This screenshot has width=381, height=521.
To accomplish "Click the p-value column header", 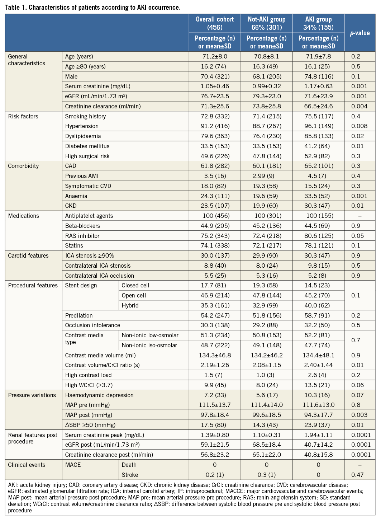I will tap(359, 33).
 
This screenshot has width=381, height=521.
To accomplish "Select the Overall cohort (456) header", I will tap(215, 23).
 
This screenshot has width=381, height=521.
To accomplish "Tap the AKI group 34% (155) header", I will tap(318, 23).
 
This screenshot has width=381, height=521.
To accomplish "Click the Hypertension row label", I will tap(82, 126).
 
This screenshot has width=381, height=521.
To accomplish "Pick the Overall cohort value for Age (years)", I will tap(215, 56).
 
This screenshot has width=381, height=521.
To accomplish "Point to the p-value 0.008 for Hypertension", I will tap(359, 126).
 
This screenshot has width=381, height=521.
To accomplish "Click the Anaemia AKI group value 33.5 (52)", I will tap(318, 196).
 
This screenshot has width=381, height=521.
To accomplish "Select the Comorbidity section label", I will tap(23, 166).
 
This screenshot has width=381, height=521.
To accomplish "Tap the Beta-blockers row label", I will tap(82, 226).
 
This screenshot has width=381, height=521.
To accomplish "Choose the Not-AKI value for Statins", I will tap(267, 246).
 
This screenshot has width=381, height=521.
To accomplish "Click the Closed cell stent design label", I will tap(135, 286).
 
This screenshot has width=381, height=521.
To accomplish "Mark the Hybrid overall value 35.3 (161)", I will tap(215, 305).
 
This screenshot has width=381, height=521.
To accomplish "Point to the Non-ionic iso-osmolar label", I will tap(149, 345).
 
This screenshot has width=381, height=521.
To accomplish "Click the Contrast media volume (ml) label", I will tap(100, 355).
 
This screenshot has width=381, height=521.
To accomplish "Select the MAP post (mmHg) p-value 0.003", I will tap(359, 415).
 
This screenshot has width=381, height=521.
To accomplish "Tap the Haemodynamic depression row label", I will tap(99, 395).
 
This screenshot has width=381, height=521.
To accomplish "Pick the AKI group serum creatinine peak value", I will tap(318, 435).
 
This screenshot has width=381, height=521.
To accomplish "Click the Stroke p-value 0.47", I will tap(357, 475).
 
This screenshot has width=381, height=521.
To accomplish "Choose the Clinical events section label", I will tap(27, 465).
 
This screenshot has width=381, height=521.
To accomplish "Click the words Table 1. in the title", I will tap(16, 7).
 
